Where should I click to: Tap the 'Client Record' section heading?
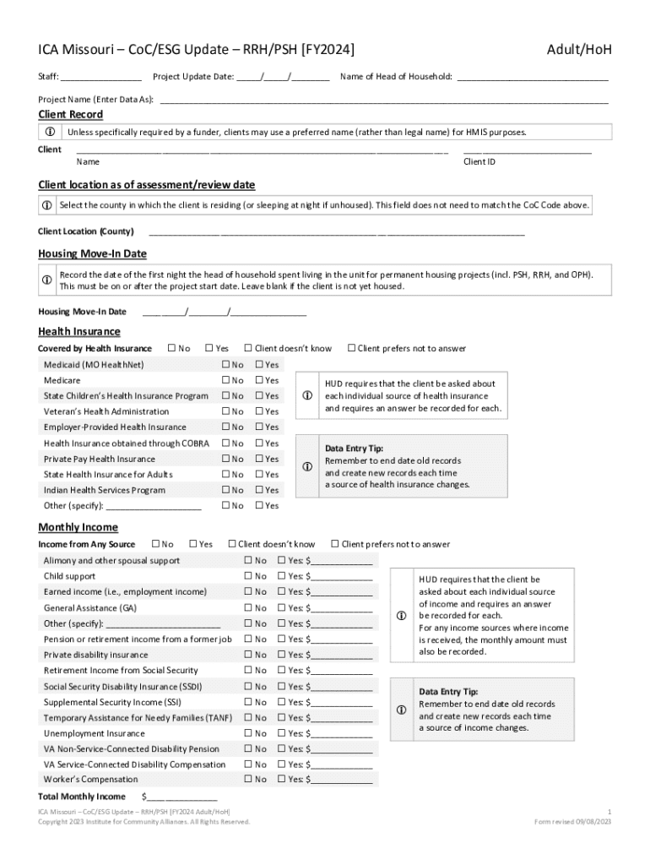tap(71, 115)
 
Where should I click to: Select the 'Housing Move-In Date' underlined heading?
tap(92, 253)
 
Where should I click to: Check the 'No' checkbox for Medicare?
tap(226, 380)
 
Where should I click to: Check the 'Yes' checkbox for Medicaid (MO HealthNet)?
tap(260, 365)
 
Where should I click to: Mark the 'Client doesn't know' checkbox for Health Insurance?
tap(249, 348)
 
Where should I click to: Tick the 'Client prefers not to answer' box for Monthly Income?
tap(335, 544)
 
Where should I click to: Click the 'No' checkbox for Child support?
tap(248, 576)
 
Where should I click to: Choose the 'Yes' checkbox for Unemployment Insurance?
tap(283, 733)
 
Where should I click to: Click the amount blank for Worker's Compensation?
tap(342, 780)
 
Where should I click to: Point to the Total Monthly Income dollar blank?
tap(182, 797)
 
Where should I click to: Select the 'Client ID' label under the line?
tap(479, 161)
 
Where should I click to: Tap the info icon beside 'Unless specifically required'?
tap(49, 132)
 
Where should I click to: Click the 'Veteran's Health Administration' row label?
tap(106, 411)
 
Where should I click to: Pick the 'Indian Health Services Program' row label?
tap(105, 490)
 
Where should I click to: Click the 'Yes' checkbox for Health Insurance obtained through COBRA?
tap(260, 443)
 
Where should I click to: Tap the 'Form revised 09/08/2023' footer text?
tap(573, 821)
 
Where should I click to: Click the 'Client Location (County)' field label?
tap(86, 231)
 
